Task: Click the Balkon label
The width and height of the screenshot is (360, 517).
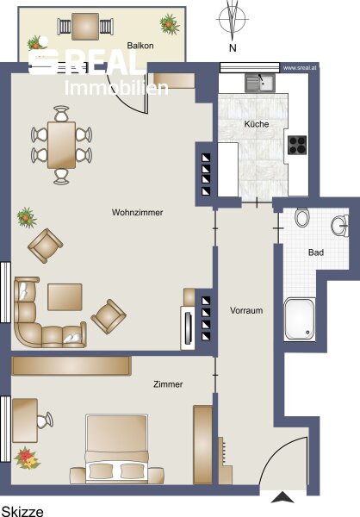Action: tap(140, 45)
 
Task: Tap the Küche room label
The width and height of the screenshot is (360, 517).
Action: tap(257, 124)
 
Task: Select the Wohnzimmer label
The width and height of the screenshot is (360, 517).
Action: tap(137, 212)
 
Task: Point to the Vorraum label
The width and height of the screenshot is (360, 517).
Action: tap(246, 310)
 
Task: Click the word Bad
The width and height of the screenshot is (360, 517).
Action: tap(316, 252)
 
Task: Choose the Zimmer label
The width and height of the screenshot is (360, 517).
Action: tap(168, 384)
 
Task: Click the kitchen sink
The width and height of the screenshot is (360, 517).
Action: tap(260, 83)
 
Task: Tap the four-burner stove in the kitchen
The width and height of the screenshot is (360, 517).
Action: tap(297, 145)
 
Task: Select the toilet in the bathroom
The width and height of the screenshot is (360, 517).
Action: tap(301, 217)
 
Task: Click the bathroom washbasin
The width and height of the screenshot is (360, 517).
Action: tap(340, 226)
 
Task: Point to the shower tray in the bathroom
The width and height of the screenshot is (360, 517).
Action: tap(300, 319)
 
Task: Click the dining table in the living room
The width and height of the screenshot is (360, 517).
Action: tap(61, 145)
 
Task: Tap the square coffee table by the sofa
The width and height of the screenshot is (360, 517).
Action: tap(65, 297)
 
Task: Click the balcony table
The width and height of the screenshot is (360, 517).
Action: tap(85, 27)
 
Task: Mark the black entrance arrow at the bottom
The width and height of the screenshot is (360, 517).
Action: tap(282, 497)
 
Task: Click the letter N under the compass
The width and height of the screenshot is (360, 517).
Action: tap(233, 47)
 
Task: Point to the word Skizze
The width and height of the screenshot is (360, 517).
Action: tap(22, 511)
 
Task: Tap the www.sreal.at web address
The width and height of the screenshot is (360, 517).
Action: tap(300, 67)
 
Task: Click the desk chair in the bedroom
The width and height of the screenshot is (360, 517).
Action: tap(45, 420)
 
